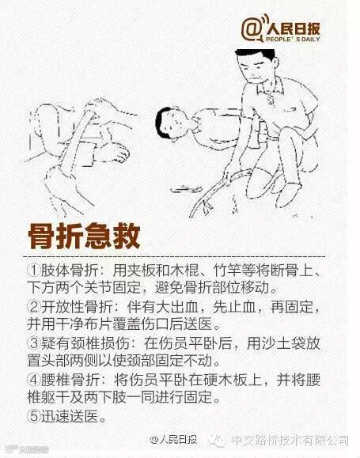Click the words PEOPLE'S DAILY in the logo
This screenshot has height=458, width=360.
[293, 39]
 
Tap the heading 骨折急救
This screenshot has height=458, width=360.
[84, 237]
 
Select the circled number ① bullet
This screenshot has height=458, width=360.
[34, 271]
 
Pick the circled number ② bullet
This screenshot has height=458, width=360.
[34, 307]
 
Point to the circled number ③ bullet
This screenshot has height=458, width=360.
[34, 343]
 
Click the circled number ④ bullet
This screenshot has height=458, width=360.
[34, 380]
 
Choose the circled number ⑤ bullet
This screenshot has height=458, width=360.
[34, 415]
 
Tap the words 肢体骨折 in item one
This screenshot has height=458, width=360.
[70, 271]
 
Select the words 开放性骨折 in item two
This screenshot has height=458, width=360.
[77, 307]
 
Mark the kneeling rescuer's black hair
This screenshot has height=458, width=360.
[256, 55]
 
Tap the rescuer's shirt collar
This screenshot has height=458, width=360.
[271, 87]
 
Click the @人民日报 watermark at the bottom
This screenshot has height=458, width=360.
[173, 439]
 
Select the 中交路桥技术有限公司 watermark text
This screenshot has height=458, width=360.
[290, 440]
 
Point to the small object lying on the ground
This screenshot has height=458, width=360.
[186, 189]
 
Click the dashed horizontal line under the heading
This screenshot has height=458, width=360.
[173, 257]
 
